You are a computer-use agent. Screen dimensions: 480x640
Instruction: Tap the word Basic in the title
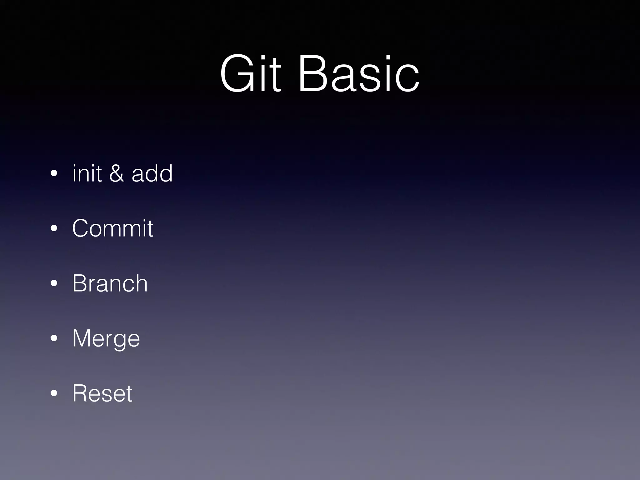359,74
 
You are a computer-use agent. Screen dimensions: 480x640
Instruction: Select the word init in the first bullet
87,173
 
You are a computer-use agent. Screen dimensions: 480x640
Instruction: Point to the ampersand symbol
116,173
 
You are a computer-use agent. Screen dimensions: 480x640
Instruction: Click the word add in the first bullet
152,173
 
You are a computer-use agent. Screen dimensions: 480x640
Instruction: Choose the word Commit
112,228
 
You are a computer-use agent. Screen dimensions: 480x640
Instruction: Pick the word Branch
110,283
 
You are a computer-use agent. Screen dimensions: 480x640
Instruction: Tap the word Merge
106,338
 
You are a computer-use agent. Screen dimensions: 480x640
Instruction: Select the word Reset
102,393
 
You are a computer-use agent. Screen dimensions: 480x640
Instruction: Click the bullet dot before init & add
54,174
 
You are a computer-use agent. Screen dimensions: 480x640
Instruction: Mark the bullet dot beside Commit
54,229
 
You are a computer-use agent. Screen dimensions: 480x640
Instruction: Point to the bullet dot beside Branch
54,284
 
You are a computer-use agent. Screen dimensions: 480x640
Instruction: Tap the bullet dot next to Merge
54,339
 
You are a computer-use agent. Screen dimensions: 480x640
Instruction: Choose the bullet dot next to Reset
54,394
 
